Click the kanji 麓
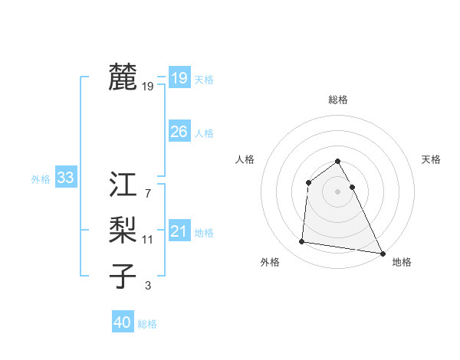coord(123,77)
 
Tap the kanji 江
coord(123,185)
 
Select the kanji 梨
coord(123,231)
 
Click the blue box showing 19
coord(179,77)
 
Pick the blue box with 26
coord(179,132)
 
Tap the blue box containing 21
coord(179,231)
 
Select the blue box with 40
coord(123,322)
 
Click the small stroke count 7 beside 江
coord(148,194)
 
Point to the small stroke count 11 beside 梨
coord(148,240)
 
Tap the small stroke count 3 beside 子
coord(148,286)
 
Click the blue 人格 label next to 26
coord(204,133)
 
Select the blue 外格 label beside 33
coord(41,179)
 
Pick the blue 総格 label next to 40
coord(147,324)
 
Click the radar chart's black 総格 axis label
coord(338,100)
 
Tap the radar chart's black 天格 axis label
coord(432,159)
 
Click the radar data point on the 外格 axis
coord(302,242)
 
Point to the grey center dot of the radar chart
coord(338,191)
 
